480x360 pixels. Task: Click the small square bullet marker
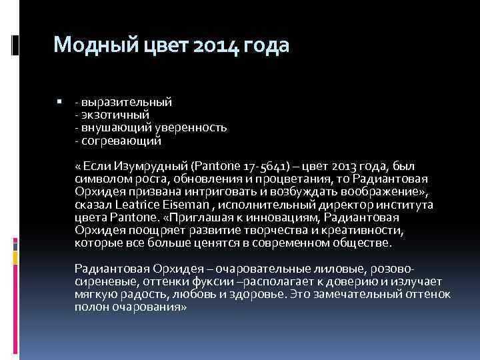point(60,101)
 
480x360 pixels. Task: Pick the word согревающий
point(121,141)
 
